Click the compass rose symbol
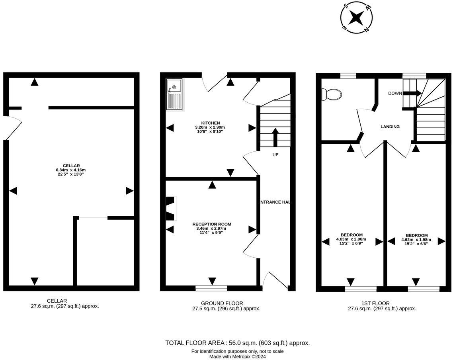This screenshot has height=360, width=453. pos(357,18)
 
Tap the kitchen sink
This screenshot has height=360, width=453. pos(174,94)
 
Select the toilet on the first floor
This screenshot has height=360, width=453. pos(332,94)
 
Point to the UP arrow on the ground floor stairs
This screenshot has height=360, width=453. pos(275,137)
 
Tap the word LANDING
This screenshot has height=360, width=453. pos(390,127)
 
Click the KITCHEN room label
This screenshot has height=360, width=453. pos(210,123)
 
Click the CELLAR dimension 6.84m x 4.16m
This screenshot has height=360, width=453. pos(71,170)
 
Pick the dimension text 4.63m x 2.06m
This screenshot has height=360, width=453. pos(351,239)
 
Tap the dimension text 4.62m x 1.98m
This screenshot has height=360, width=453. pos(416,240)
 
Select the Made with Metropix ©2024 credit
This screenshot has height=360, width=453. pos(238,357)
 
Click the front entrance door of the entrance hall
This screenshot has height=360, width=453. pos(275,281)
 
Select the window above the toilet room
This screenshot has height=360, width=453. pos(348,75)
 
